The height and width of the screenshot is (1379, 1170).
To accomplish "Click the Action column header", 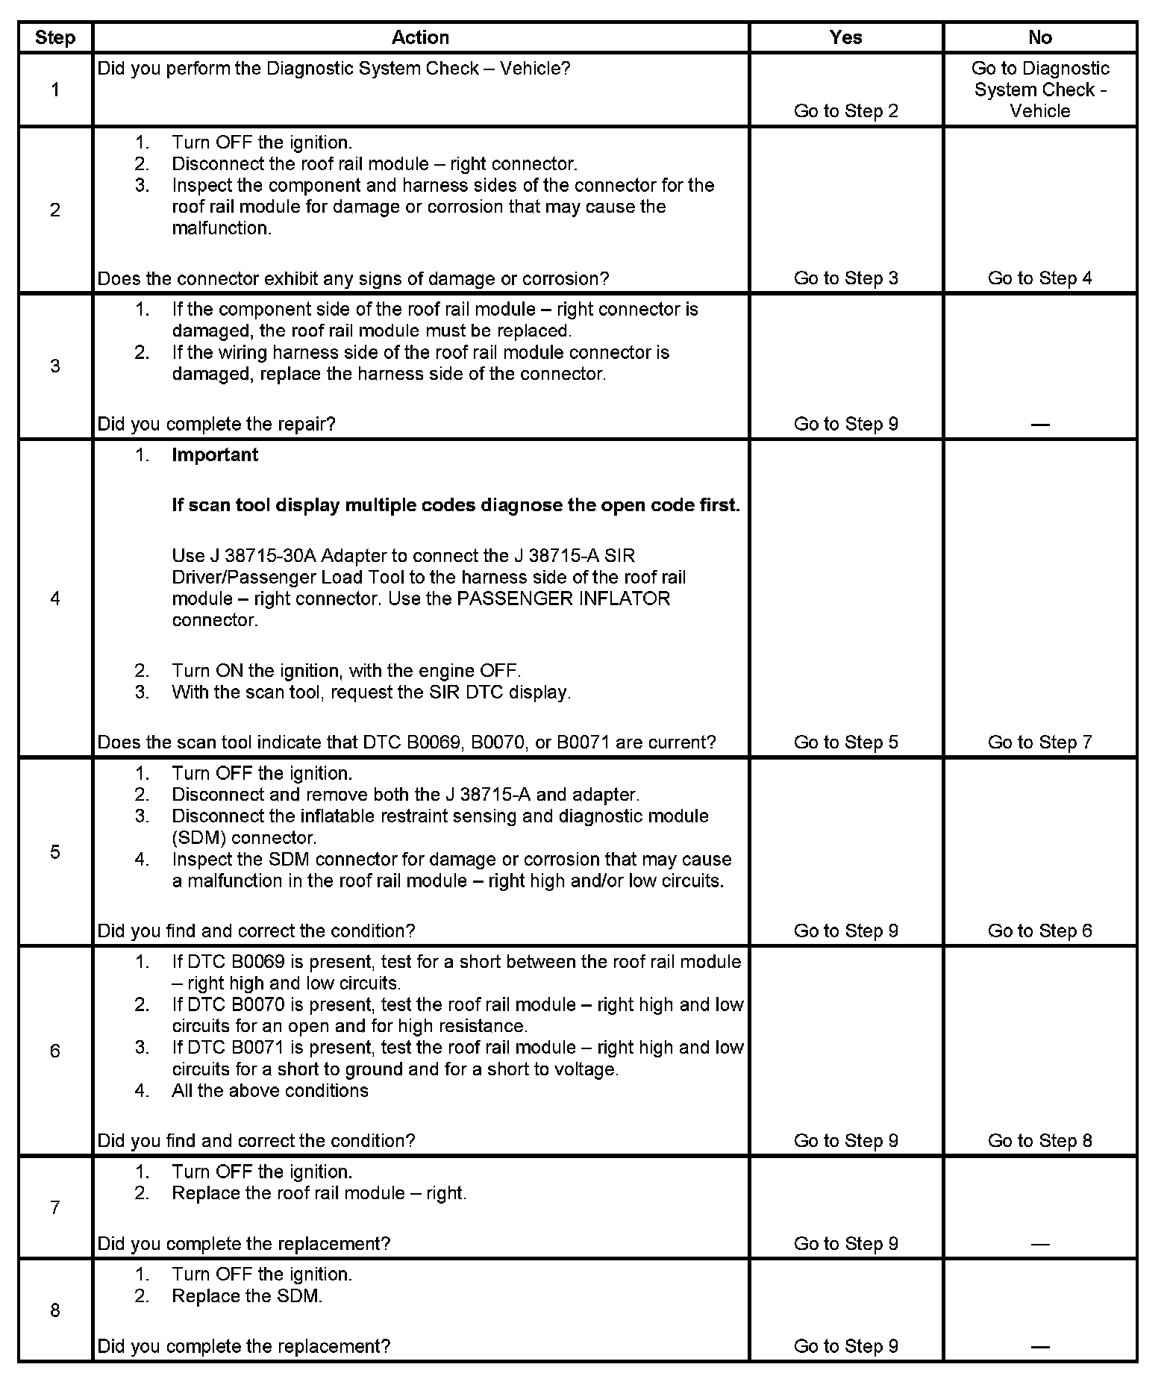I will click(420, 38).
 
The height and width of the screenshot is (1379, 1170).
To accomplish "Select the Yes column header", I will click(845, 38).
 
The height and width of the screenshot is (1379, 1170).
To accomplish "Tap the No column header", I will click(1039, 38).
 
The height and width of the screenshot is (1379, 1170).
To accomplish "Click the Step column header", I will click(55, 38).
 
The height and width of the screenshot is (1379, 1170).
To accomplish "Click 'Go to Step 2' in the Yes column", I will click(845, 111).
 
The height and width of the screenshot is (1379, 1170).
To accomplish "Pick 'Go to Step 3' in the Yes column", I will click(845, 278).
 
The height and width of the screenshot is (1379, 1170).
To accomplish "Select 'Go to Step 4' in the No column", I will click(1039, 278).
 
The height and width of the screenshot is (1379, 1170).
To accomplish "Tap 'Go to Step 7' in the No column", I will click(1039, 742).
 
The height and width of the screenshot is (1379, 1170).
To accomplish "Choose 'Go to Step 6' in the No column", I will click(1039, 931).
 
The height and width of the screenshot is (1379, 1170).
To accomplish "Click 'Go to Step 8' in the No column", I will click(1039, 1140).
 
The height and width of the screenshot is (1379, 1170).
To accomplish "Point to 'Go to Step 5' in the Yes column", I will click(845, 742).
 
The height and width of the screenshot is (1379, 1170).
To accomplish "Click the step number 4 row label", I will click(55, 598).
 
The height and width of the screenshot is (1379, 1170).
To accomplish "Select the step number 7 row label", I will click(55, 1207).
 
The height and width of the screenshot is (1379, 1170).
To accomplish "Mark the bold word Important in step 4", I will click(215, 455).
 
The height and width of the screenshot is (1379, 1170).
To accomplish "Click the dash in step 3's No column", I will click(1039, 425).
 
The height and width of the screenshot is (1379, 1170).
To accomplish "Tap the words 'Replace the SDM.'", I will click(247, 1296).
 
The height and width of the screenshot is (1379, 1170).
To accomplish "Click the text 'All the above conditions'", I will click(270, 1091).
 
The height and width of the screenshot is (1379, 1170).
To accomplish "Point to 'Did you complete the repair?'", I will click(216, 425).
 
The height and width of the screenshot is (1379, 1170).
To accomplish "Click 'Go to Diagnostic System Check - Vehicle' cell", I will click(1039, 90).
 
